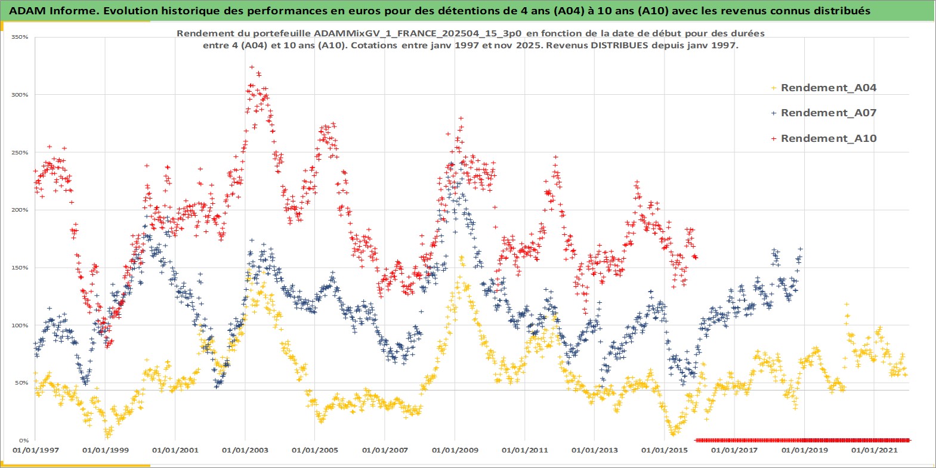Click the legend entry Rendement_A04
tap(828, 88)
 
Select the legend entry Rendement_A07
tap(828, 113)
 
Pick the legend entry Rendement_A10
tap(828, 138)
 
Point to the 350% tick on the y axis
tap(20, 37)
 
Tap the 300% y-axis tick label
tap(20, 95)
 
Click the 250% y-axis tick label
tap(20, 153)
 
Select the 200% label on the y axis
tap(20, 210)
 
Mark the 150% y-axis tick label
tap(20, 268)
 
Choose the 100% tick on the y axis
tap(20, 326)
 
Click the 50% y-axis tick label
tap(21, 383)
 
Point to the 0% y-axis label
tap(23, 441)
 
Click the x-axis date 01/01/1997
tap(36, 450)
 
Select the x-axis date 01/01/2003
tap(245, 450)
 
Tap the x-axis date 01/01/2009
tap(455, 450)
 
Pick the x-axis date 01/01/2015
tap(665, 450)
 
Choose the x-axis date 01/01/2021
tap(874, 450)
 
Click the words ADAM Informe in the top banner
tap(45, 11)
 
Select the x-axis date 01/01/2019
tap(804, 450)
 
